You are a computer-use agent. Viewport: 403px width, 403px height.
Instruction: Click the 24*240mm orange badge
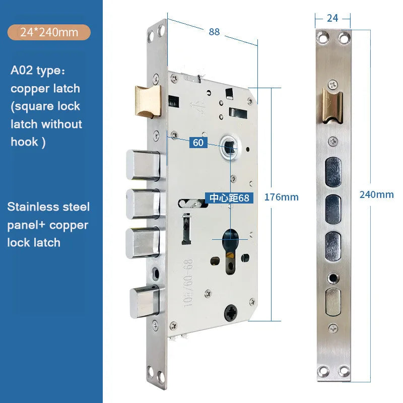[49, 32]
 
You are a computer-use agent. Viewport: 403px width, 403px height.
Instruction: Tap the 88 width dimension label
[214, 32]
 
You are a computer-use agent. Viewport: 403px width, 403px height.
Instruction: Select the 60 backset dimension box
[198, 143]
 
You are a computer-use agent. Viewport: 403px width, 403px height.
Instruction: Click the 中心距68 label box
[229, 198]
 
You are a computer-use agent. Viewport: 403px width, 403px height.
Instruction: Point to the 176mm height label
[282, 197]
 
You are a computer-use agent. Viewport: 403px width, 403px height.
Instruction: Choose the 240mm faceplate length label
[376, 194]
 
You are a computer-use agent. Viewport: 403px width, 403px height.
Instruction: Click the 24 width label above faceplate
[332, 18]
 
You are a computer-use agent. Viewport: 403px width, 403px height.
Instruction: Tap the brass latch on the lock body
[148, 101]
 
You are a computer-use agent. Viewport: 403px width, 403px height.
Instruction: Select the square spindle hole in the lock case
[230, 147]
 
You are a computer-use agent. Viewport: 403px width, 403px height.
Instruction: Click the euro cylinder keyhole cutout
[230, 251]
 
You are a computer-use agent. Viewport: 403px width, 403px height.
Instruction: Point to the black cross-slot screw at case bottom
[231, 313]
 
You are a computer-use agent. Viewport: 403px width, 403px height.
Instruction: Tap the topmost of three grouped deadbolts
[145, 165]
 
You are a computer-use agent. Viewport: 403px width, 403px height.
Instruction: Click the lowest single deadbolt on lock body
[144, 301]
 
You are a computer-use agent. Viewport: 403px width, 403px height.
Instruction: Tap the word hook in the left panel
[24, 142]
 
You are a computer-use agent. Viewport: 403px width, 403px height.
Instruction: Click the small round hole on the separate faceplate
[333, 278]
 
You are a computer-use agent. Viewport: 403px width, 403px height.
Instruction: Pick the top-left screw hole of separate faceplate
[322, 38]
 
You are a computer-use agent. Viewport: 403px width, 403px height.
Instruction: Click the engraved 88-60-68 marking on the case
[188, 283]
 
